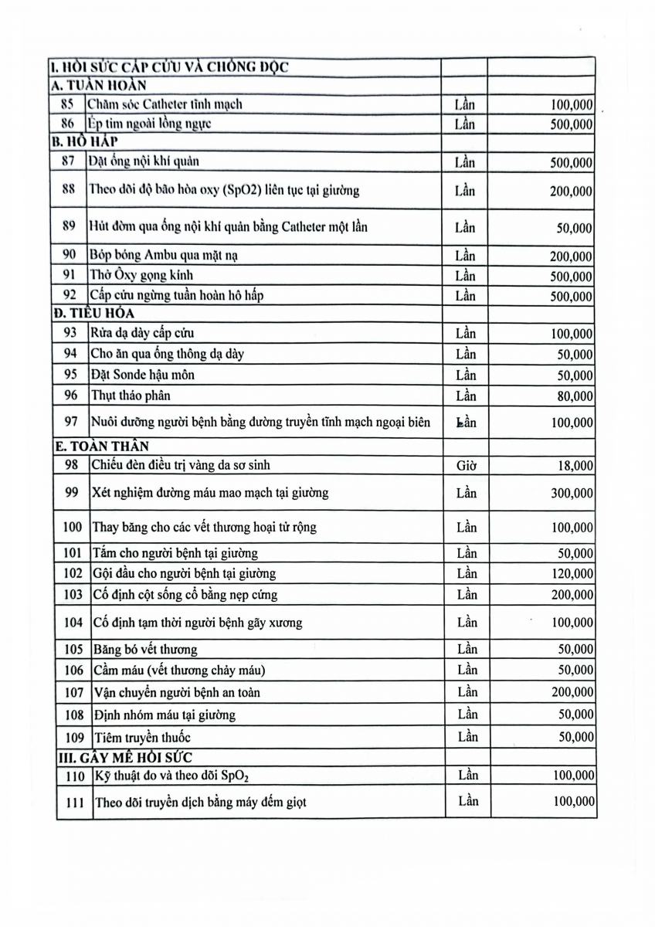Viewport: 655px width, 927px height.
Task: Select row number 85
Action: click(67, 104)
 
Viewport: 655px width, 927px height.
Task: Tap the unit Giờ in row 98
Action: click(466, 465)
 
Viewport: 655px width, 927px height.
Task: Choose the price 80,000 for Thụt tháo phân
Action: click(571, 396)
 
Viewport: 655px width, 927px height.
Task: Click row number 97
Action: click(70, 422)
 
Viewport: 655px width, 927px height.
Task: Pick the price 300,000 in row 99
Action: click(567, 493)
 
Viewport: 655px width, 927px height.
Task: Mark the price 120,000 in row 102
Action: click(567, 573)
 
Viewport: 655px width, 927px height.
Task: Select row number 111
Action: click(74, 803)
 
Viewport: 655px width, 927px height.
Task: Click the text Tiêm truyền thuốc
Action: click(141, 736)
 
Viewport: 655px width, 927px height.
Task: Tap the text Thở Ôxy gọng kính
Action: click(141, 276)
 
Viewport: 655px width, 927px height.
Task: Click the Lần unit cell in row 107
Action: click(467, 691)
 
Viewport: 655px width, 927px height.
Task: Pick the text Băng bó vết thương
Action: click(144, 649)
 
